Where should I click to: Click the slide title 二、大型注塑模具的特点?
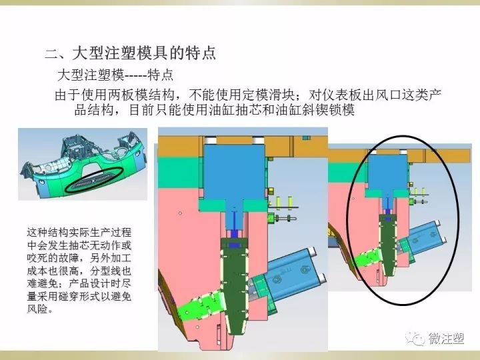tap(131, 53)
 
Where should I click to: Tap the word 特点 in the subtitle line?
tap(161, 75)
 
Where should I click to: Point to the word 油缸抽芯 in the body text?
tap(235, 109)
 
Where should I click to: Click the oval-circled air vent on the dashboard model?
tap(94, 180)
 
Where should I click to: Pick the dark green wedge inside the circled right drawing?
tap(388, 244)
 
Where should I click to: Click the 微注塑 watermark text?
tap(446, 338)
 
